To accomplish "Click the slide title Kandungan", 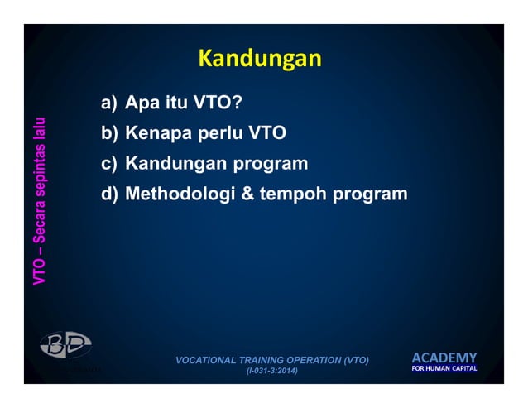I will pos(259,60).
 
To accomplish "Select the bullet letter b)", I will pos(109,134).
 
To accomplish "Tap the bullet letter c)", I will pos(109,164).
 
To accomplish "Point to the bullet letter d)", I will pos(109,194).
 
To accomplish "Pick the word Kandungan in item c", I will pos(176,164).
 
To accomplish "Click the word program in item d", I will pos(370,195).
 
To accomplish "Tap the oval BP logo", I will pos(65,345).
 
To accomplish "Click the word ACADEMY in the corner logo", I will pos(444,358).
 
